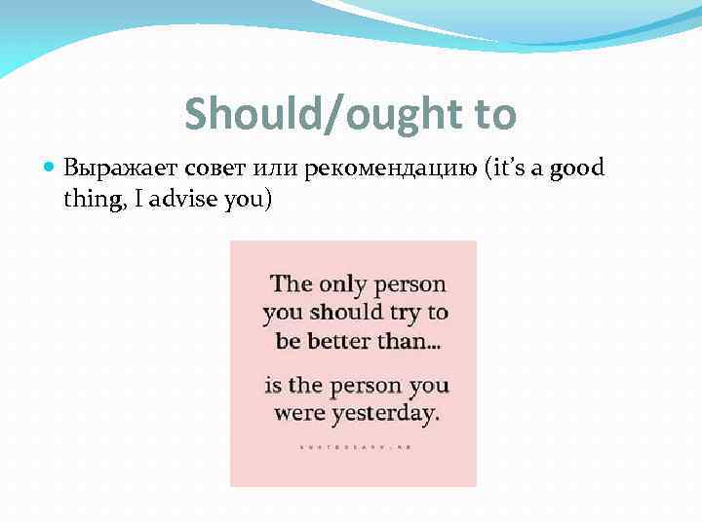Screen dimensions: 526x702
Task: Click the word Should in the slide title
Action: coord(245,114)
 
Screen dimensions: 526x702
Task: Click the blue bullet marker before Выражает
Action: coord(51,169)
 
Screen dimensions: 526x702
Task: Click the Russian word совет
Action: coord(207,169)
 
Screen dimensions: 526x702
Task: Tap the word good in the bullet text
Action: coord(577,169)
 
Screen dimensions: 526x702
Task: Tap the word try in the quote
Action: coord(409,313)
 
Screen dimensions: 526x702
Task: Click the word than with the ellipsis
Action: coord(414,342)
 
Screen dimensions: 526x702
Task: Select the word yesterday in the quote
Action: coord(386,413)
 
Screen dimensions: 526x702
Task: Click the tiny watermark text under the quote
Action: coord(353,444)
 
